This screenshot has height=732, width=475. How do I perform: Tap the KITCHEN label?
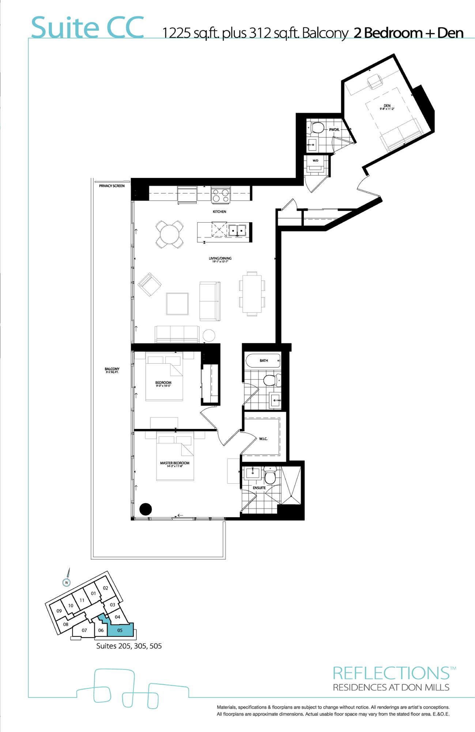(x=219, y=212)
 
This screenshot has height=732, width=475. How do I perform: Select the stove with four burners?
(x=220, y=195)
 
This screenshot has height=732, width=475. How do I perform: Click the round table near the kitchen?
(x=170, y=234)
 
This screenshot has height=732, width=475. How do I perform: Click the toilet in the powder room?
(x=317, y=128)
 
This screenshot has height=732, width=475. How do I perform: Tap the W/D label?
(x=315, y=161)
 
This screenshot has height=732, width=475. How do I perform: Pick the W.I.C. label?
(x=263, y=439)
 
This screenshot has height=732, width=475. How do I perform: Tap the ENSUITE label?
(x=259, y=488)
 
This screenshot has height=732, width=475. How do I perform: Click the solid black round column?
(x=146, y=509)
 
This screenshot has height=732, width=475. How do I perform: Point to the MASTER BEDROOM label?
(x=174, y=463)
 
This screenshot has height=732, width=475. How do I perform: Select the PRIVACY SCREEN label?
(x=112, y=186)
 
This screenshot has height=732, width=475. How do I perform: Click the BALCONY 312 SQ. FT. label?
(x=112, y=370)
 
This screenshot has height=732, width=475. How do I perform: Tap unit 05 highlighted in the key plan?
(x=120, y=630)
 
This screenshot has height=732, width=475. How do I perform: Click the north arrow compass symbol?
(x=67, y=582)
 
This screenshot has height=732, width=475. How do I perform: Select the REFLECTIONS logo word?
(x=391, y=673)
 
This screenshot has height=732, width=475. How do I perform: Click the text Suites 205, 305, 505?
(x=129, y=646)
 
